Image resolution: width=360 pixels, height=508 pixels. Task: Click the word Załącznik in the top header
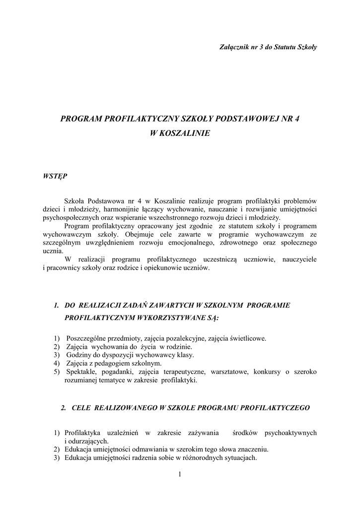tap(233, 47)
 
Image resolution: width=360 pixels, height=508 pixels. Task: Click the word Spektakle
tap(81, 372)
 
